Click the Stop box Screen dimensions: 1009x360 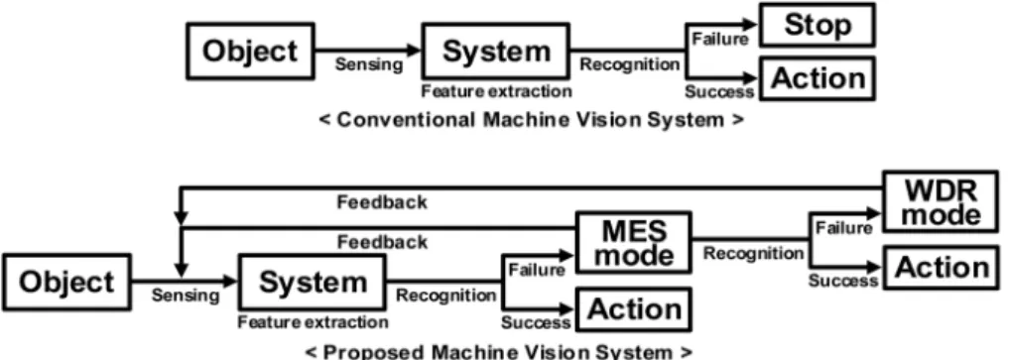[818, 26]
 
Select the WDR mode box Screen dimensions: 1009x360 [941, 202]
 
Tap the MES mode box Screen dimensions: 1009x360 [634, 242]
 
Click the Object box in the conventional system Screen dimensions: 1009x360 [250, 51]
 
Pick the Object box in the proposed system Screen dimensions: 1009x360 [66, 283]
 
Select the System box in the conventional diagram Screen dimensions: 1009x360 [495, 51]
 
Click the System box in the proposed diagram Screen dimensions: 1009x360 [313, 283]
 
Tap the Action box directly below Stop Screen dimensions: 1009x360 [818, 78]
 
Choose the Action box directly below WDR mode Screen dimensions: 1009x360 [941, 267]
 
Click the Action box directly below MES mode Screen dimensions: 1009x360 [634, 309]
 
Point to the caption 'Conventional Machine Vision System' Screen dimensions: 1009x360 [531, 120]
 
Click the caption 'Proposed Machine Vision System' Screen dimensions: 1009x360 [499, 352]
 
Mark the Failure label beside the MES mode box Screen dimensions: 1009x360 [537, 270]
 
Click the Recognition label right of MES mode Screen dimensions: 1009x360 [753, 254]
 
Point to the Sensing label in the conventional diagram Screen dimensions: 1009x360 [369, 64]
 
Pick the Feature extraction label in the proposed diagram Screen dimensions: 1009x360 [313, 321]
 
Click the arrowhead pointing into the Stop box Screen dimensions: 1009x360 [752, 25]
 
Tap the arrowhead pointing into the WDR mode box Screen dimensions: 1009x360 [874, 213]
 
